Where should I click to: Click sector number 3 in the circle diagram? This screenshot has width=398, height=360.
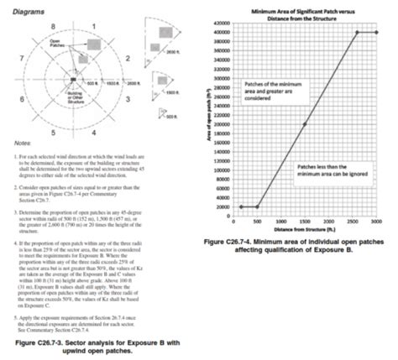tap(127, 99)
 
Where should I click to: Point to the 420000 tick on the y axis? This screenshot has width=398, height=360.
tap(223, 23)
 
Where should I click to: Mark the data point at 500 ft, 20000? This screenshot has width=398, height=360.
tap(257, 206)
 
